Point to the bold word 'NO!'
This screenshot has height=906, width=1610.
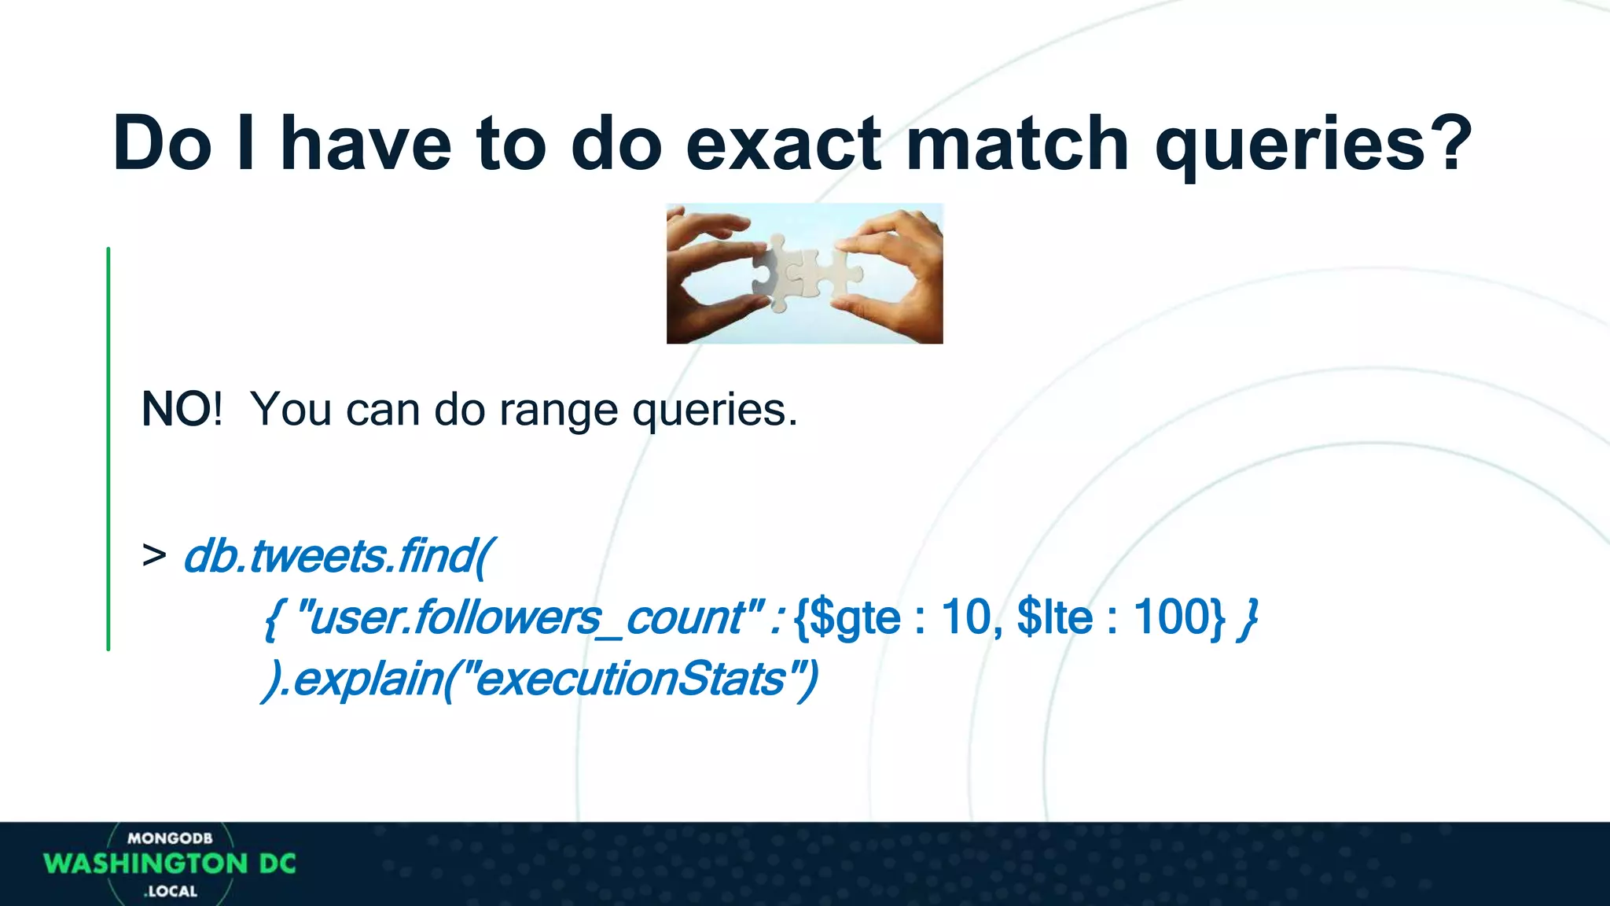(x=181, y=410)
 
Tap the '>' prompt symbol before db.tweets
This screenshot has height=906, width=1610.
(x=154, y=555)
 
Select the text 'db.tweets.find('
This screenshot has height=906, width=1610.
(x=339, y=556)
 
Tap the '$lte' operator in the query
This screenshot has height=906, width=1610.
(x=1053, y=617)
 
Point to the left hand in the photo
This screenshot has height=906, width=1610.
(x=704, y=275)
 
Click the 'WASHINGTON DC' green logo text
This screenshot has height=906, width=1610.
(x=170, y=864)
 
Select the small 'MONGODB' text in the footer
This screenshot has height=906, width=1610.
(x=170, y=838)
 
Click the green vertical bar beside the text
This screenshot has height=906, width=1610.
(x=108, y=448)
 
